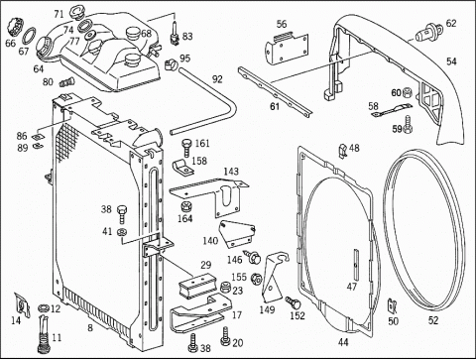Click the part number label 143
click(x=231, y=172)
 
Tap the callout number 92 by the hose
click(x=217, y=79)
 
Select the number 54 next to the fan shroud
click(x=451, y=61)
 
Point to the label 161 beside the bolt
click(x=202, y=143)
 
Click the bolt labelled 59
click(x=408, y=124)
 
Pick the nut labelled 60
click(x=408, y=93)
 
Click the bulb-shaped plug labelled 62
click(x=426, y=33)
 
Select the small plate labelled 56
click(x=287, y=49)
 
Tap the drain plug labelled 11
click(x=43, y=335)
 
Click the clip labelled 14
click(x=22, y=304)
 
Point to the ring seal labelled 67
click(x=29, y=36)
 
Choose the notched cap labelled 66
click(x=15, y=27)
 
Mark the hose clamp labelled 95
click(x=172, y=63)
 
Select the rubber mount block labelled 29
click(x=196, y=286)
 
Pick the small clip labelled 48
click(x=343, y=151)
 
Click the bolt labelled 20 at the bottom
click(x=225, y=336)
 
